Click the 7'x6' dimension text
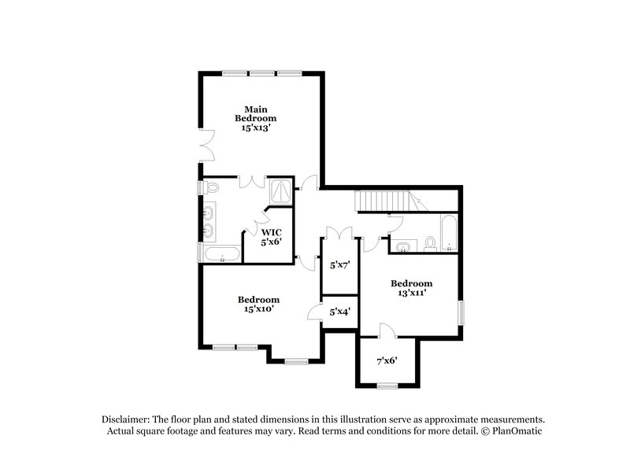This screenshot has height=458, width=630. click(x=386, y=361)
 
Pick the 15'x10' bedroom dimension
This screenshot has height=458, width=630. click(x=259, y=310)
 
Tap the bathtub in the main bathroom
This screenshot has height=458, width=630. click(x=222, y=254)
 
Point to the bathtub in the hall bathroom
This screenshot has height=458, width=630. click(x=449, y=233)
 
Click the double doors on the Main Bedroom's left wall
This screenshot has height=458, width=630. click(x=206, y=146)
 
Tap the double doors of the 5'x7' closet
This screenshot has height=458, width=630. click(x=338, y=233)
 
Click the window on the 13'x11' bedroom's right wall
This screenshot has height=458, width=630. click(x=461, y=312)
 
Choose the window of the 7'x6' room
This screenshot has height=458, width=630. click(x=386, y=385)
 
